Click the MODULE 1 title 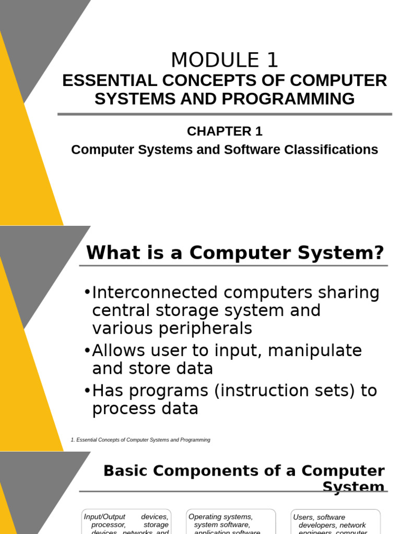click(x=225, y=60)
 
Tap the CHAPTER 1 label click(x=225, y=131)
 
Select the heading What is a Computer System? click(x=235, y=253)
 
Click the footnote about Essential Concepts click(x=140, y=440)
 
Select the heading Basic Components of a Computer click(x=244, y=471)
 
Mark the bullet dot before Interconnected click(x=87, y=292)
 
